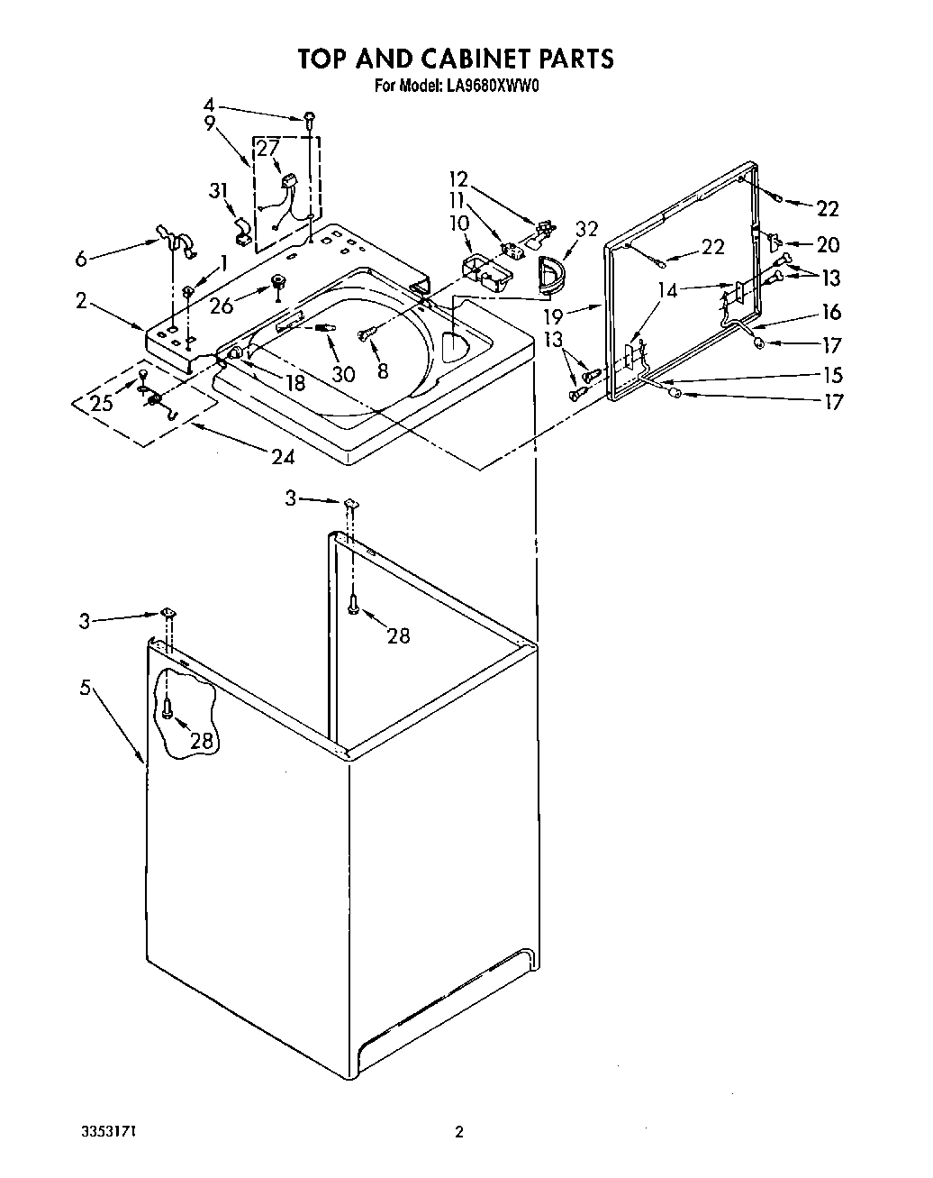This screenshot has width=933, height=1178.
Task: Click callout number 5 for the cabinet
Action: click(85, 688)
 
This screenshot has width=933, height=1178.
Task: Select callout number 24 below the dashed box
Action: click(283, 457)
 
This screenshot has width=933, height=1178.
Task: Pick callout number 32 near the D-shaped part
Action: click(586, 230)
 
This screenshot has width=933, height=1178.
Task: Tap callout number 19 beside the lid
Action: click(553, 316)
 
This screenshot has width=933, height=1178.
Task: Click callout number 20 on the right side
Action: click(827, 244)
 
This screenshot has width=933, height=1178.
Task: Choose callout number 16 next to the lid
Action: click(830, 312)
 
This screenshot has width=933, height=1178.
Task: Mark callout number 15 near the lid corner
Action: click(832, 374)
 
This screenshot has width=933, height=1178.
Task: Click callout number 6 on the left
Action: click(82, 259)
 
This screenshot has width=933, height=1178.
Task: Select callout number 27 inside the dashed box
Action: click(268, 149)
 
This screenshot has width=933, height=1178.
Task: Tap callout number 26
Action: click(221, 306)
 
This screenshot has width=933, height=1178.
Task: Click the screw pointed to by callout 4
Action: click(310, 117)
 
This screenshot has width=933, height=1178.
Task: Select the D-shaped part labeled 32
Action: click(548, 273)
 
